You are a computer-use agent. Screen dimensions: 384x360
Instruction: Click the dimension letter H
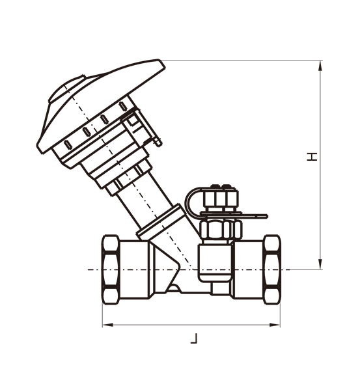point(313,156)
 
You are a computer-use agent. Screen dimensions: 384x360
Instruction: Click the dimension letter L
point(193,338)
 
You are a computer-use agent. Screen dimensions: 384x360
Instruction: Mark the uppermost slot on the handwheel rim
point(122,106)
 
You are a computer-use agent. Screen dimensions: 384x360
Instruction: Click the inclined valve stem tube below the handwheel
point(143,195)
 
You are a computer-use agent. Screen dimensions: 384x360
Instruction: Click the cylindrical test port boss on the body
point(214,260)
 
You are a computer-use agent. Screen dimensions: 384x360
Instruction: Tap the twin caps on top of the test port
point(221,196)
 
